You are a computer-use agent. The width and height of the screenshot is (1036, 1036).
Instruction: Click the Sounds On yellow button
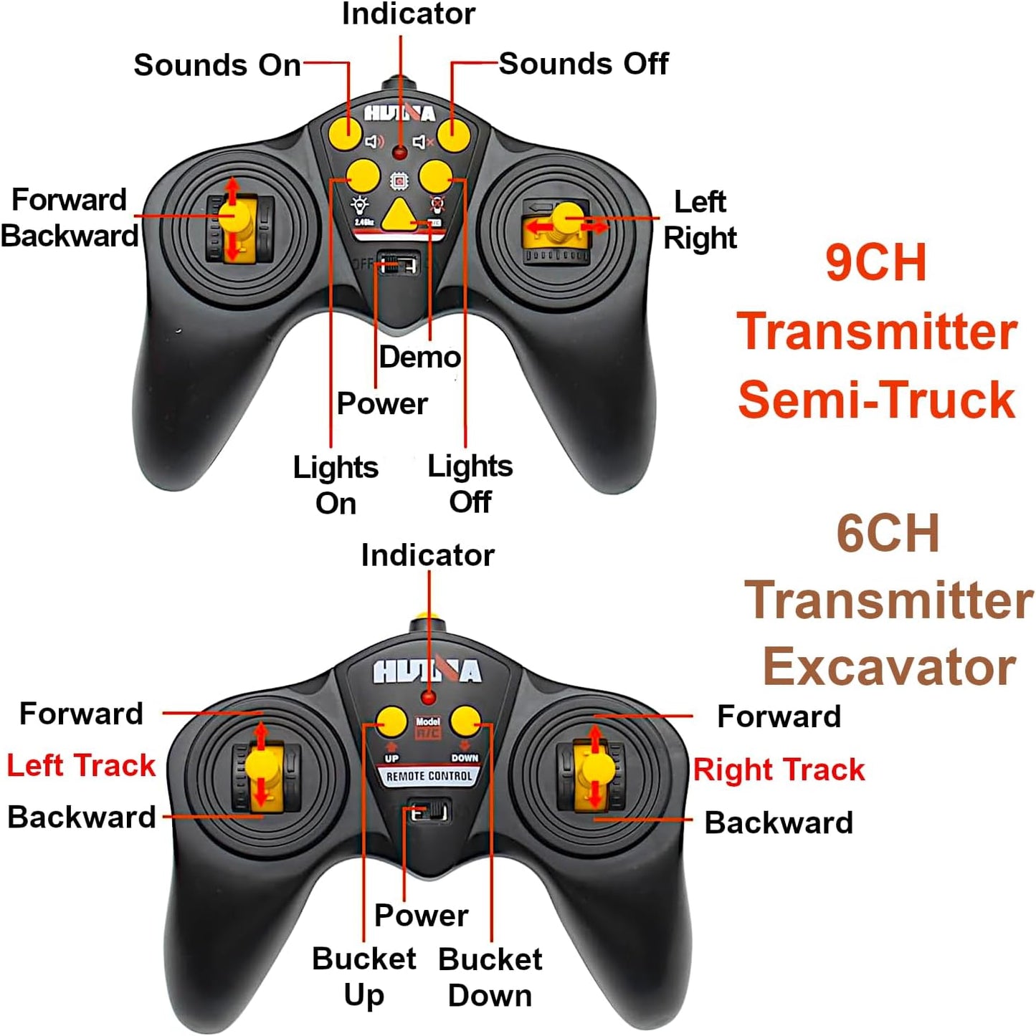pyautogui.click(x=346, y=132)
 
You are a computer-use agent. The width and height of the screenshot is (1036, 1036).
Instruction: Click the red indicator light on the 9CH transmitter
pyautogui.click(x=400, y=152)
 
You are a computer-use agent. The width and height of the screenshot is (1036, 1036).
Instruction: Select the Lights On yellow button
pyautogui.click(x=363, y=176)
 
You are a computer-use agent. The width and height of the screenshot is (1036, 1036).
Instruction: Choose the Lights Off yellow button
pyautogui.click(x=435, y=176)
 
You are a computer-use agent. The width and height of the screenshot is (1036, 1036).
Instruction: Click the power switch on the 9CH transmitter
pyautogui.click(x=399, y=263)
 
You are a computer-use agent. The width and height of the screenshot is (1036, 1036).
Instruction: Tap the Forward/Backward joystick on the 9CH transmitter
pyautogui.click(x=233, y=218)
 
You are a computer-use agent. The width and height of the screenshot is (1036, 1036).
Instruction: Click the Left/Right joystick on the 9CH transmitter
pyautogui.click(x=567, y=220)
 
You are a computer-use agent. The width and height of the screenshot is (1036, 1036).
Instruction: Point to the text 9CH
pyautogui.click(x=875, y=263)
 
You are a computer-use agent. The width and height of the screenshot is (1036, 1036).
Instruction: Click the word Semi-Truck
pyautogui.click(x=876, y=399)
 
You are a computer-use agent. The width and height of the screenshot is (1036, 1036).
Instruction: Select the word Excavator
pyautogui.click(x=889, y=667)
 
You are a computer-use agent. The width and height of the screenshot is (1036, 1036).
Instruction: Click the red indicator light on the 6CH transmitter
pyautogui.click(x=429, y=696)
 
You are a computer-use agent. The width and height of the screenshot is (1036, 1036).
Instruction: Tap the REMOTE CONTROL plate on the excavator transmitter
pyautogui.click(x=429, y=777)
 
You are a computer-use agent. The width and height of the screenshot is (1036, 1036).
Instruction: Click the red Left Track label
pyautogui.click(x=81, y=765)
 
